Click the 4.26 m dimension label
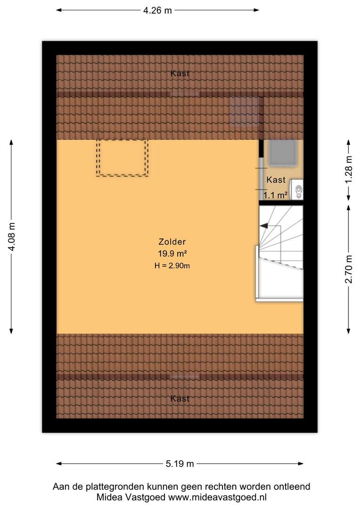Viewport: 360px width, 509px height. coord(157,10)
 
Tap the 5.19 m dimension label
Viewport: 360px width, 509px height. coord(180,464)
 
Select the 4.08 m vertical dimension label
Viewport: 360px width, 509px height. coord(12,237)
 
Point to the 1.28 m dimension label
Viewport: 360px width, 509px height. coord(349,170)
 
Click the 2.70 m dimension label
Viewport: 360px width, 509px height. coord(349,270)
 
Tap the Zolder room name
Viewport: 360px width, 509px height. coord(172,241)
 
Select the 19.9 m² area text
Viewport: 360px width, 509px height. coord(172,254)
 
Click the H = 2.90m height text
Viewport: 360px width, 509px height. coord(172,266)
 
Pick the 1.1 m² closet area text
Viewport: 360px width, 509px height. coord(275,195)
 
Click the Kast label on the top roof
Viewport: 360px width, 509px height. coord(180,74)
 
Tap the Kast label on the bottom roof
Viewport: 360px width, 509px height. coord(180,399)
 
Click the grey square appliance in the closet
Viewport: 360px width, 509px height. coord(282,153)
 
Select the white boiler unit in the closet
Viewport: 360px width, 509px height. coord(296,189)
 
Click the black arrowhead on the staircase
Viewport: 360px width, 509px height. coord(263,226)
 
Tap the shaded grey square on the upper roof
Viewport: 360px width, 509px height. coord(245,111)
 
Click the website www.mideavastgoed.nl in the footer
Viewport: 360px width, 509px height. coord(217,497)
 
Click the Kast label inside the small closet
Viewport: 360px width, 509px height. coord(276,180)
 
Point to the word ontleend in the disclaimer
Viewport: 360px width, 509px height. coord(292,486)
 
